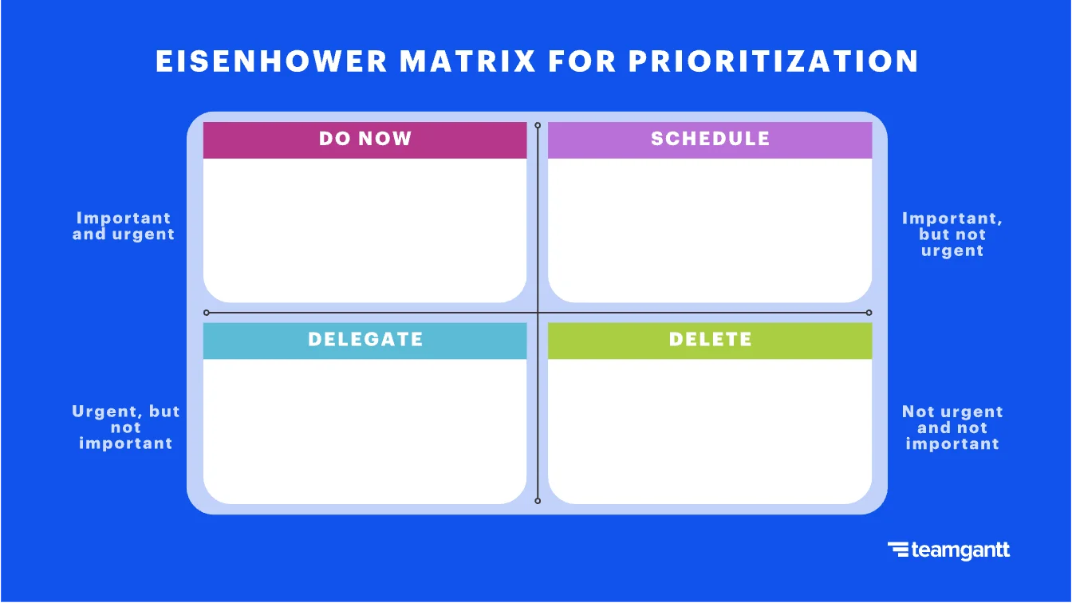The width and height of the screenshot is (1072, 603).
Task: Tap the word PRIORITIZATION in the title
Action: (x=773, y=61)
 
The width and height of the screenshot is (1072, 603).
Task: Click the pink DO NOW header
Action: (x=365, y=139)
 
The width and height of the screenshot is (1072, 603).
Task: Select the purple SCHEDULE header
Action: (x=710, y=139)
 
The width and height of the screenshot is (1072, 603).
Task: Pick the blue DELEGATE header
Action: (x=365, y=340)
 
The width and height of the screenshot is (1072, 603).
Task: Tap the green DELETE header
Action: (x=710, y=340)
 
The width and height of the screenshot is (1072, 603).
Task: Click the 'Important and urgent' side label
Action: (x=124, y=226)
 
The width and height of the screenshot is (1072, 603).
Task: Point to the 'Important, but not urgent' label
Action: (x=952, y=234)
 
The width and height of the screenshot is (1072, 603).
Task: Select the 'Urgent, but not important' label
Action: (x=125, y=428)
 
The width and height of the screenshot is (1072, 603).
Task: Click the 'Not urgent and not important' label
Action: (x=952, y=428)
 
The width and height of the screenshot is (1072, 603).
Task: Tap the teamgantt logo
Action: (x=948, y=550)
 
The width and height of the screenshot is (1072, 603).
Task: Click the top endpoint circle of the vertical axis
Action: (x=538, y=125)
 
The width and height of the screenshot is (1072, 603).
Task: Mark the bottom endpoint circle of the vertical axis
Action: (x=538, y=501)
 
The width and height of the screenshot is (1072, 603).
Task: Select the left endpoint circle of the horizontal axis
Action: (x=207, y=313)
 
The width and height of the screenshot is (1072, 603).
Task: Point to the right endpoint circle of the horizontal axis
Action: (x=869, y=313)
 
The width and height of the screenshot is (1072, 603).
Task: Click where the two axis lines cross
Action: (x=538, y=313)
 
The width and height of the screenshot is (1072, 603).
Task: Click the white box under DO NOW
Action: (x=365, y=230)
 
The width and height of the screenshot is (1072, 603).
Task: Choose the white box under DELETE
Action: (x=710, y=431)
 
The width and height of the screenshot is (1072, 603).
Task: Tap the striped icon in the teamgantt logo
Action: (x=897, y=550)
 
